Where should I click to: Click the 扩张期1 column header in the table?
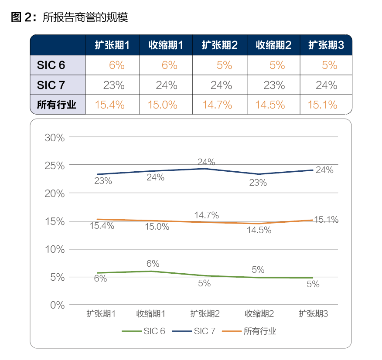coord(113,45)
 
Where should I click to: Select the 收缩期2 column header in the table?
coord(273,45)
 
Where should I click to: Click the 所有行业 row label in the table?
coord(57,105)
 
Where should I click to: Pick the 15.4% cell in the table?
coord(113,105)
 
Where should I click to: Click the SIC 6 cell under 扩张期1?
coord(117,65)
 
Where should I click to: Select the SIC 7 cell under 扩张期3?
coord(327,85)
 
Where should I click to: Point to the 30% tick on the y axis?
coord(55,138)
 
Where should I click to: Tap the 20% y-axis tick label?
coord(55,194)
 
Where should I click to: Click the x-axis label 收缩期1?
coord(151,314)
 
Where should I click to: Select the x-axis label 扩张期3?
coord(313,314)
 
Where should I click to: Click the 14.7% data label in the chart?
coord(207,215)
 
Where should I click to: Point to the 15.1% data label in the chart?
coord(326,220)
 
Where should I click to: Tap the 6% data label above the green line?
coord(153,264)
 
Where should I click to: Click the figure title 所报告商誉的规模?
coord(85,17)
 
